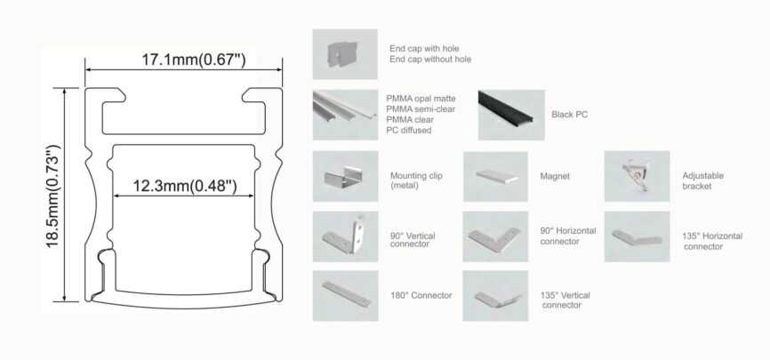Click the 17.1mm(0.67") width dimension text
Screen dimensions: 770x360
click(194, 60)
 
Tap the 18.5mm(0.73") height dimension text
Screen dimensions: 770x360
click(53, 196)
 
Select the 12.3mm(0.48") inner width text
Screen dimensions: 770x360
click(185, 186)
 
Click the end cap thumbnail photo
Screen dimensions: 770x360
click(345, 54)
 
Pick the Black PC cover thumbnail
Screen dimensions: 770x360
click(511, 115)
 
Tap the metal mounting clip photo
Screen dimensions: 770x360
click(345, 176)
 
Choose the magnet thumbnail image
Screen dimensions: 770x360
click(495, 176)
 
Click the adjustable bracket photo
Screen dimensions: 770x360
click(637, 176)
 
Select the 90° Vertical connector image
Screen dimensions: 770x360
click(345, 236)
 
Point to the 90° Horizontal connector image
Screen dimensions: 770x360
click(495, 236)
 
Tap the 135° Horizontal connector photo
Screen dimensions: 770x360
click(637, 236)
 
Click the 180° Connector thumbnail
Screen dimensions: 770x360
click(345, 296)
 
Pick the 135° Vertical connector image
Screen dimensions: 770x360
click(495, 296)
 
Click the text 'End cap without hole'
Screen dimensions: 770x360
click(430, 60)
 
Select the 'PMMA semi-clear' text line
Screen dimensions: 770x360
click(421, 109)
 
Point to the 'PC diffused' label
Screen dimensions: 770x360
click(409, 130)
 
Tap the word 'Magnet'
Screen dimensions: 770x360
click(555, 176)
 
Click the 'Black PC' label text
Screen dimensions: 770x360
click(570, 115)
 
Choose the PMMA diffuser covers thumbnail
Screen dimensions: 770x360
click(345, 115)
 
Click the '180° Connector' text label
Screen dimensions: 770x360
click(421, 295)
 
